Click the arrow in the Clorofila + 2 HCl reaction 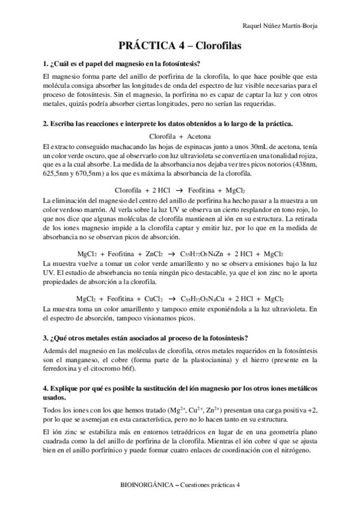click(169, 191)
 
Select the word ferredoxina click(61, 369)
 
